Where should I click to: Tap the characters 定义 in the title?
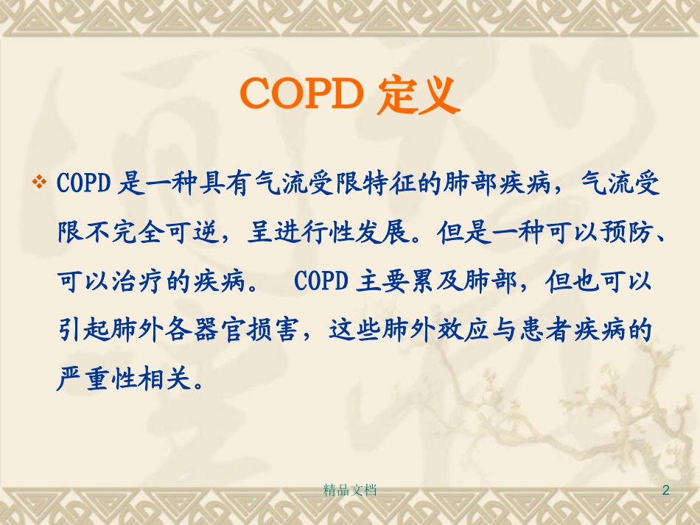point(417,96)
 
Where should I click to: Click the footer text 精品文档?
point(350,490)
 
